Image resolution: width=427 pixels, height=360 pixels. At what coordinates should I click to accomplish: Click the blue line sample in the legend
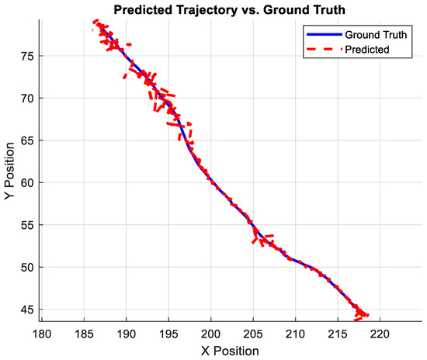coord(318,35)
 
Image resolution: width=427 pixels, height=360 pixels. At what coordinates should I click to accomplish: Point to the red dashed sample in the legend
coord(318,49)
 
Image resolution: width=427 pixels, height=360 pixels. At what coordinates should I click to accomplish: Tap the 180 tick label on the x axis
coord(42,332)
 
